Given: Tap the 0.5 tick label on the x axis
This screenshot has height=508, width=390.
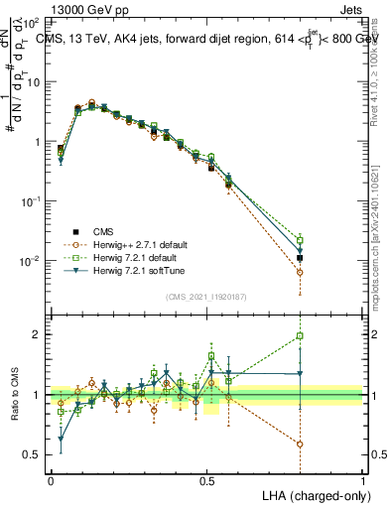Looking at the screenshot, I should [206, 480].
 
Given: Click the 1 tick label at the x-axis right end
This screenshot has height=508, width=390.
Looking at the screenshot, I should [362, 480].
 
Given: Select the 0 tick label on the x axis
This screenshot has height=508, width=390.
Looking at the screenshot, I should [51, 480].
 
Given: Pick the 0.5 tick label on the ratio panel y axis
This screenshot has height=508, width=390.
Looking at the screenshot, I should [32, 454].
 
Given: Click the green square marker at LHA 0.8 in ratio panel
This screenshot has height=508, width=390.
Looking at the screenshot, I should [300, 336].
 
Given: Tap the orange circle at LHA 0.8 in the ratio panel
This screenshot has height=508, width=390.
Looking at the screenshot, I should [300, 444].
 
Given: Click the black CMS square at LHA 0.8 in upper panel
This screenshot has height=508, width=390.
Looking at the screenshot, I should [300, 258].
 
